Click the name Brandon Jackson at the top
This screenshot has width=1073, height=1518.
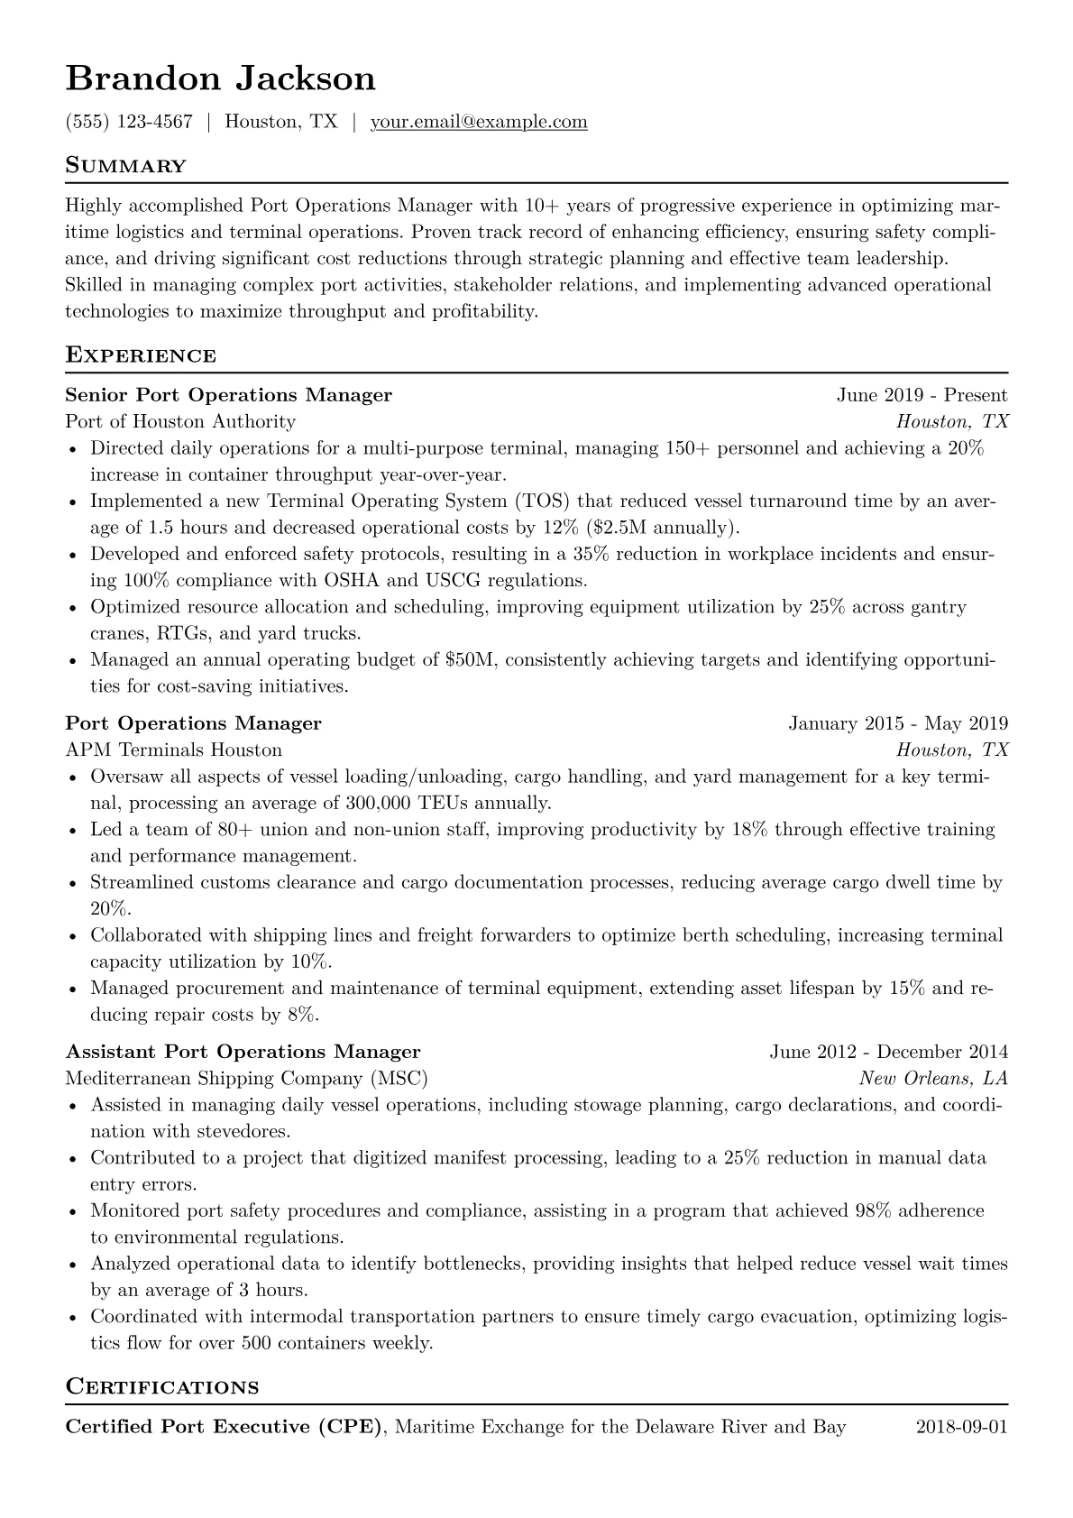pos(220,79)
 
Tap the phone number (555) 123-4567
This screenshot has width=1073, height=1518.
pos(129,122)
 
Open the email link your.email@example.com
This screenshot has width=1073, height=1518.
pos(479,122)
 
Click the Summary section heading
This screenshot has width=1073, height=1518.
pos(125,166)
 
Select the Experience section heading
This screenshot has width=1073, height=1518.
pos(141,355)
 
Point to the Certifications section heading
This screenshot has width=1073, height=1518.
pos(162,1386)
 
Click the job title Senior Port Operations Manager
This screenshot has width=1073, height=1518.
pos(228,395)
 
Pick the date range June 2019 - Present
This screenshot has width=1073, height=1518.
pos(922,395)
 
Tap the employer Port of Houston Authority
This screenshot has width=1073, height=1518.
pos(180,421)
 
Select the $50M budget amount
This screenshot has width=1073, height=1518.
pos(471,659)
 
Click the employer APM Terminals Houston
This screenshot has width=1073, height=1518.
pos(174,750)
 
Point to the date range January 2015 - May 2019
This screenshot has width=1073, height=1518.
pos(898,723)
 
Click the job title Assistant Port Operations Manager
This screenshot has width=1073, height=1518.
pos(243,1052)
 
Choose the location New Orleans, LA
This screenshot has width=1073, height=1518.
pos(932,1078)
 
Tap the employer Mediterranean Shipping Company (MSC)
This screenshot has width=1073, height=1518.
pos(246,1078)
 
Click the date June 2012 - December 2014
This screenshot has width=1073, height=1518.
pos(888,1052)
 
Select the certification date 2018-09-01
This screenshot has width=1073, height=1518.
pos(961,1427)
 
